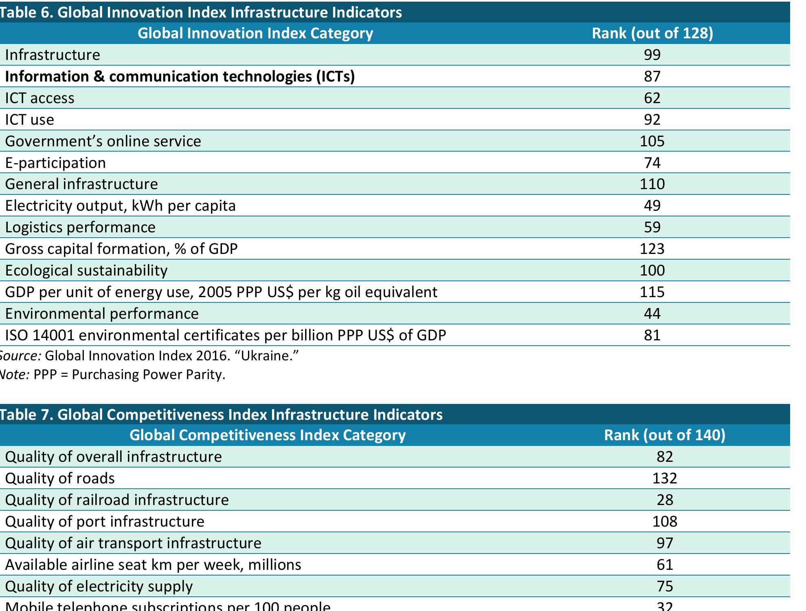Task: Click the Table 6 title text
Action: (x=201, y=12)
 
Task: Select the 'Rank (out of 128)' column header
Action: (x=652, y=33)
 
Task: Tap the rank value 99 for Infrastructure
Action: (x=652, y=55)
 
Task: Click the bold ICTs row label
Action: (x=180, y=76)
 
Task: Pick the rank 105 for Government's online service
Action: (x=652, y=141)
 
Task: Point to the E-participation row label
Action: (x=55, y=163)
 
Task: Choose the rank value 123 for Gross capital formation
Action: (x=652, y=249)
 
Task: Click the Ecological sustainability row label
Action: (x=86, y=270)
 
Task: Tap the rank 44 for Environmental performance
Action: (x=652, y=313)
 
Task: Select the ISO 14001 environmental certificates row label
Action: (x=225, y=335)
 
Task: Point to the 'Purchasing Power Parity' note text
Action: (x=149, y=374)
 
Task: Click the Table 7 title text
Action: (x=221, y=415)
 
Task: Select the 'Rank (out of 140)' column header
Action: (x=664, y=435)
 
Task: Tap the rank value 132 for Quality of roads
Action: (x=664, y=478)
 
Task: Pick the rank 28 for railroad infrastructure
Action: (x=664, y=500)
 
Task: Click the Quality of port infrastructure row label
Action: (x=104, y=521)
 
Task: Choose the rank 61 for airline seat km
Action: (x=664, y=565)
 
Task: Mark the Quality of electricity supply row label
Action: (x=99, y=586)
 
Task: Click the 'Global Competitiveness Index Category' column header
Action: (x=268, y=435)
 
